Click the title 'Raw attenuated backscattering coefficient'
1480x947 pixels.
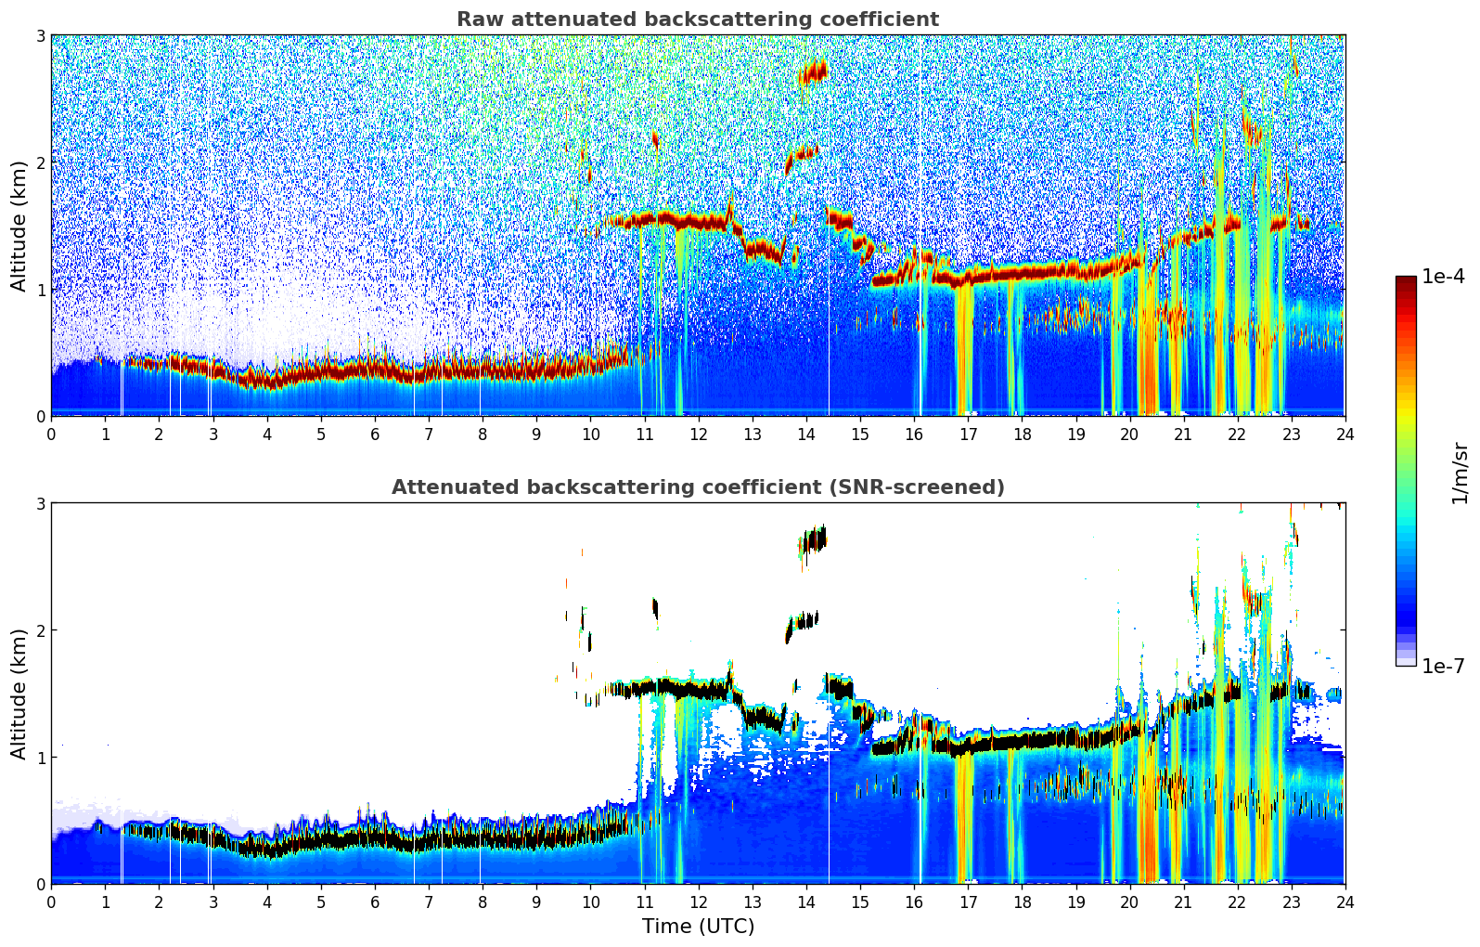697,19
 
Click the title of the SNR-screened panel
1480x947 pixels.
697,487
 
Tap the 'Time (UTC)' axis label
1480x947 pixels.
698,926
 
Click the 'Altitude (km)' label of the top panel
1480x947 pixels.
19,226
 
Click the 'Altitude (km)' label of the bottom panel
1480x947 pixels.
19,694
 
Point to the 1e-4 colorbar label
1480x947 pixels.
1444,277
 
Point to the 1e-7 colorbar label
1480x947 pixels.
1444,666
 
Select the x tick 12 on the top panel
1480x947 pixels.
698,434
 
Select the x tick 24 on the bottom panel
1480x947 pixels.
1345,902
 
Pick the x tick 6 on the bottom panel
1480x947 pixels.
375,902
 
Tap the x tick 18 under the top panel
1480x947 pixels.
1022,434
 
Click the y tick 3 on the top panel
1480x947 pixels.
41,35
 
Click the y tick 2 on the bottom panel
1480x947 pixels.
41,630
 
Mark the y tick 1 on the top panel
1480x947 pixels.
41,290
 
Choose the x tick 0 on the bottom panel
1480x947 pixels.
51,902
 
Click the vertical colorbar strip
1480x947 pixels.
1406,471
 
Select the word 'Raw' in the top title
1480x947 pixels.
476,19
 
